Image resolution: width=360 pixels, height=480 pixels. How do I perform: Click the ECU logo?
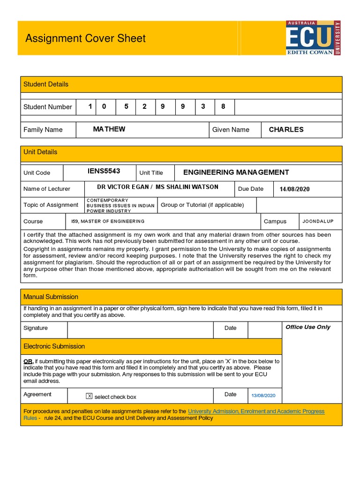tap(313, 38)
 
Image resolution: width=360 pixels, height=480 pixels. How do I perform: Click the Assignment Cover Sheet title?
tap(85, 38)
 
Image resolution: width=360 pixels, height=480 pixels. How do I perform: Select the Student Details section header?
tap(46, 84)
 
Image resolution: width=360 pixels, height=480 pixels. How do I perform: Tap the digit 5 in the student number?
tap(126, 106)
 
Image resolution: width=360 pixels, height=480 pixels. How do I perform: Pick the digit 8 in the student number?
tap(223, 106)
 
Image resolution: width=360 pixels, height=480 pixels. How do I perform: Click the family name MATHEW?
tap(109, 129)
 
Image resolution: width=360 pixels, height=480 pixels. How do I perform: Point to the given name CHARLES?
tap(286, 129)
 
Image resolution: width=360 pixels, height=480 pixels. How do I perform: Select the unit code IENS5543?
tap(104, 172)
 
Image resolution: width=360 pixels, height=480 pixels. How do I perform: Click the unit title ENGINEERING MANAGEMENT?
tap(236, 172)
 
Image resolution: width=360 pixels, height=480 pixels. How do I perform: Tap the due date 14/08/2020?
tap(294, 189)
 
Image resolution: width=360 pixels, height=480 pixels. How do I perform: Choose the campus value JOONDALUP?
tap(318, 221)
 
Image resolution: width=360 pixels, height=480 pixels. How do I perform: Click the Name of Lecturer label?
tap(47, 189)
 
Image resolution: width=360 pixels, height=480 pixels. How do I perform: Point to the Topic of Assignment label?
tap(51, 205)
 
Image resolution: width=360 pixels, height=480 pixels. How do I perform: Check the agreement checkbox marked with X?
tap(90, 396)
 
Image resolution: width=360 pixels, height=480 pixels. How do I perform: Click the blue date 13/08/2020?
tap(263, 396)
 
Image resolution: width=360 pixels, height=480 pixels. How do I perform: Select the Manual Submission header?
tap(51, 297)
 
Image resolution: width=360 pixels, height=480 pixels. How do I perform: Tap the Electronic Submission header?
tap(54, 346)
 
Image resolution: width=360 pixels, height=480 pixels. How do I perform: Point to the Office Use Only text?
tap(308, 327)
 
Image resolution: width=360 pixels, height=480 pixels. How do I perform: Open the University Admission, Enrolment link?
tap(256, 411)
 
